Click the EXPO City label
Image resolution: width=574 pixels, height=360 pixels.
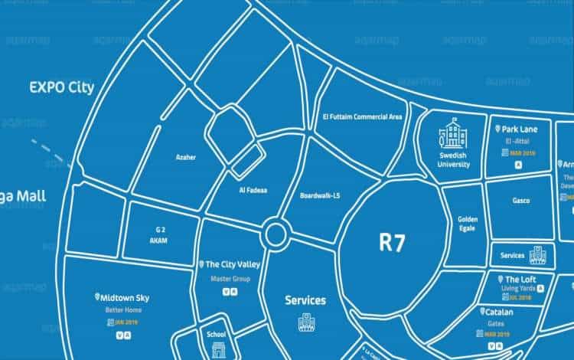click(x=61, y=87)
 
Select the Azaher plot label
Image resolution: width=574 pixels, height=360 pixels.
click(x=186, y=158)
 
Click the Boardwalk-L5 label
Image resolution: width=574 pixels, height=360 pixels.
click(x=321, y=195)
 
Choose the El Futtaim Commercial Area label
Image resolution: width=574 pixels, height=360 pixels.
click(x=358, y=117)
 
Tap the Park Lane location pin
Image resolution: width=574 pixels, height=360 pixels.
click(x=499, y=129)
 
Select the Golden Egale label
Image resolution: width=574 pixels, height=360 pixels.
click(x=467, y=224)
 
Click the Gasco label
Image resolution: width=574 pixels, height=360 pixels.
click(x=520, y=201)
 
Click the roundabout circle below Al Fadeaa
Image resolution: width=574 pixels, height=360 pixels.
click(x=275, y=234)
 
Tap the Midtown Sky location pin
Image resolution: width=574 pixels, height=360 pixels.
click(x=97, y=296)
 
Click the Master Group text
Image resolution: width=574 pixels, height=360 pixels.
click(x=230, y=278)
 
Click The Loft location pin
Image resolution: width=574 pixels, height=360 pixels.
click(x=500, y=280)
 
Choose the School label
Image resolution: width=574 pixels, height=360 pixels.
click(x=216, y=334)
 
